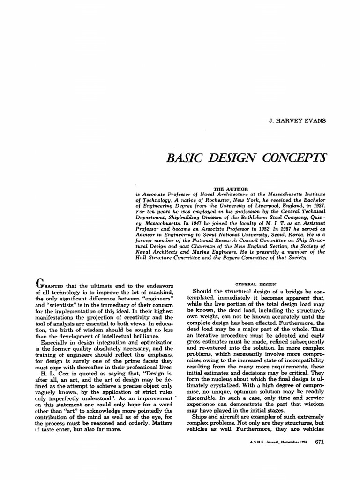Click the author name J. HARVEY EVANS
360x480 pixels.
(x=298, y=121)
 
